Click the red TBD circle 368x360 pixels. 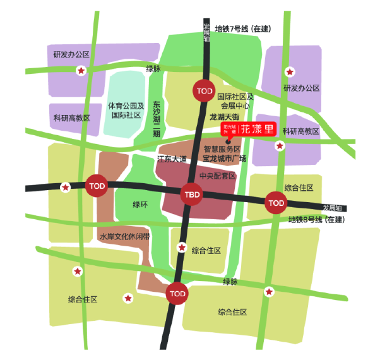[x=191, y=193]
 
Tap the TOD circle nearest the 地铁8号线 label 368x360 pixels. [x=276, y=203]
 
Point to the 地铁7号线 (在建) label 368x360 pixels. [x=242, y=29]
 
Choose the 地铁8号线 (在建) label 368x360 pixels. [x=316, y=219]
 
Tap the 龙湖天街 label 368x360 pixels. [x=224, y=117]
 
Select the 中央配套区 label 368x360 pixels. [x=217, y=176]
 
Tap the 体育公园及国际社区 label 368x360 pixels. [x=126, y=111]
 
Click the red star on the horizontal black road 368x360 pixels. [x=65, y=187]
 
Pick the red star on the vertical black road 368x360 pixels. [x=182, y=247]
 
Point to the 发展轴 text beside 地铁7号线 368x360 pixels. [x=206, y=30]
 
